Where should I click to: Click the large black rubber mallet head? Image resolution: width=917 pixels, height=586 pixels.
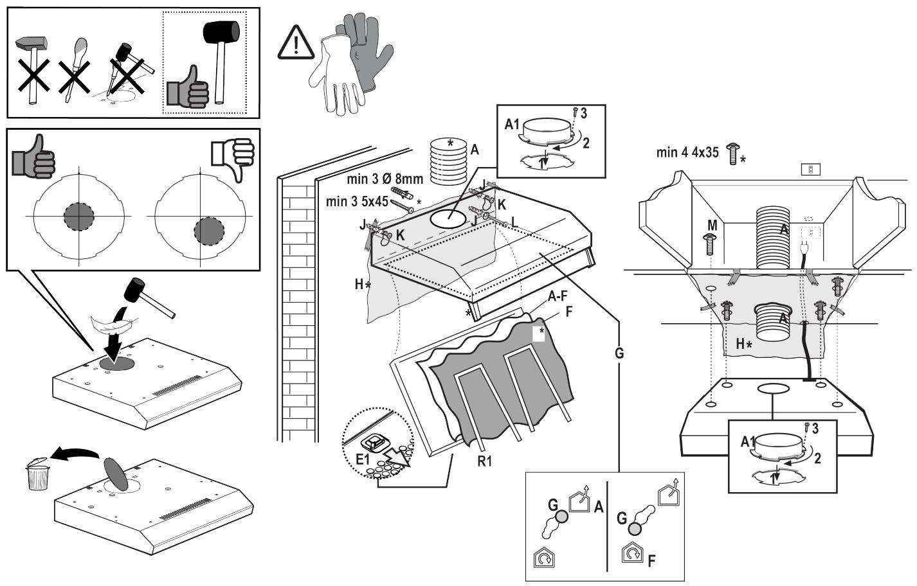(221, 32)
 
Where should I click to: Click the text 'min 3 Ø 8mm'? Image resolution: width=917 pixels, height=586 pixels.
(384, 179)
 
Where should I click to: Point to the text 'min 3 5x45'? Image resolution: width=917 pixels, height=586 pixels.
(357, 201)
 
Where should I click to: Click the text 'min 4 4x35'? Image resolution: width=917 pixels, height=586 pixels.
(687, 153)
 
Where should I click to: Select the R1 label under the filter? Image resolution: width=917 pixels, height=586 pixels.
(485, 460)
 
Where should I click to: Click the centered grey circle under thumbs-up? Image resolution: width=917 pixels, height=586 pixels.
(79, 217)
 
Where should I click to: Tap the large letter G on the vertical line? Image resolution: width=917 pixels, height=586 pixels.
(619, 353)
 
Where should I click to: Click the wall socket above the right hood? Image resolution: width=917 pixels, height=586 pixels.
(810, 170)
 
